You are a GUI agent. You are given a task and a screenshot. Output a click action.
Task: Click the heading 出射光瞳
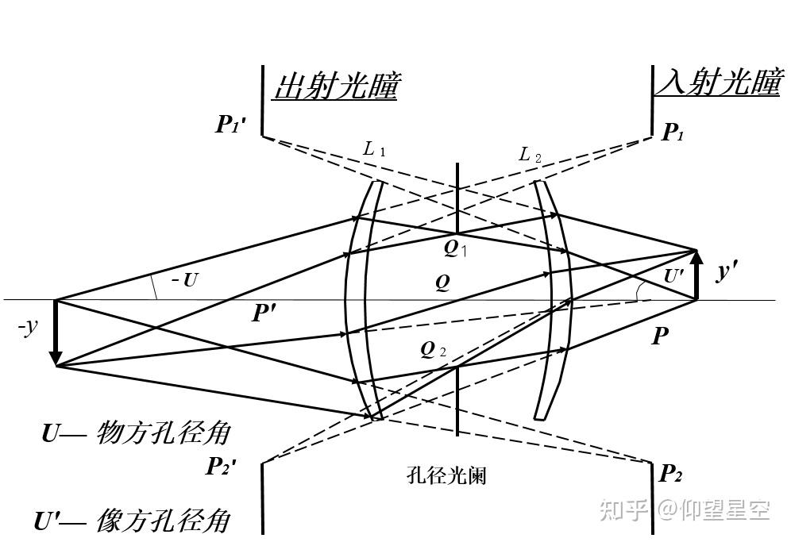tap(334, 86)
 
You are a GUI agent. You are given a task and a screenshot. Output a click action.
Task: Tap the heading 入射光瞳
tap(717, 83)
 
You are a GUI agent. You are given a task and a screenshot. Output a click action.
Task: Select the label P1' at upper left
tap(233, 125)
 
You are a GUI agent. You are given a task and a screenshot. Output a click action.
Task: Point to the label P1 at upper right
tap(673, 133)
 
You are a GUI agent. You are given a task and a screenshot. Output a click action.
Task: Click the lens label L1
tap(374, 148)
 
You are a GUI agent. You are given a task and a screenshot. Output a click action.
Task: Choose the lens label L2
tap(530, 154)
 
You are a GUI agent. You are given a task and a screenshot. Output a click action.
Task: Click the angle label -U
tap(183, 280)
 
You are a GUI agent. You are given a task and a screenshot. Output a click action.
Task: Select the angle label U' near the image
tap(673, 277)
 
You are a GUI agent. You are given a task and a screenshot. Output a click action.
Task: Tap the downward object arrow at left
tap(56, 333)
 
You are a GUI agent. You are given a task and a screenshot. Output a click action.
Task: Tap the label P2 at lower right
tap(671, 474)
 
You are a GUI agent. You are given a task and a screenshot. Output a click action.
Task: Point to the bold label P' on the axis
tap(264, 313)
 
